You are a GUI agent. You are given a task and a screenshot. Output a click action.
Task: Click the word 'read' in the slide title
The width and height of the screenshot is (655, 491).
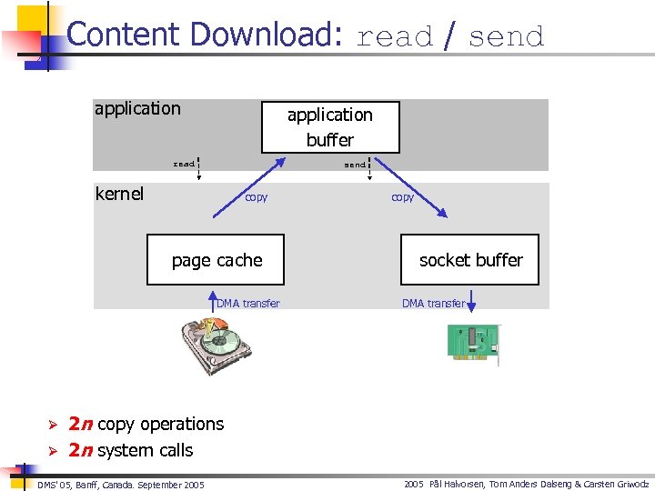click(395, 37)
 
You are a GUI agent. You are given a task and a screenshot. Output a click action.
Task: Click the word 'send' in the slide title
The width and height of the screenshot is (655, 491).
click(506, 37)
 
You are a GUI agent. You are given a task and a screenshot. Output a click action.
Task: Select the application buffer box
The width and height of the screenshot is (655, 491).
click(330, 127)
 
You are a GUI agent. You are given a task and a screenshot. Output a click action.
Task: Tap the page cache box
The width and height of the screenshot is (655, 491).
click(217, 260)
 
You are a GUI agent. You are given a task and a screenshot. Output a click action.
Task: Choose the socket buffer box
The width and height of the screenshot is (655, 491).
click(470, 260)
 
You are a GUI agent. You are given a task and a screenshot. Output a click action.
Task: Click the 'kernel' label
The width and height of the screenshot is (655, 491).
click(119, 194)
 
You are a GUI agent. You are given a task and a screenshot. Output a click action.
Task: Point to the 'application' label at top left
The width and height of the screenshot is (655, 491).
click(137, 109)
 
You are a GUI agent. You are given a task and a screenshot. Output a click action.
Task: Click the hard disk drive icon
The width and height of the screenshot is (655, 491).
click(217, 344)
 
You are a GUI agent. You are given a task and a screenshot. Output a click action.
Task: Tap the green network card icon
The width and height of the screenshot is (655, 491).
click(473, 343)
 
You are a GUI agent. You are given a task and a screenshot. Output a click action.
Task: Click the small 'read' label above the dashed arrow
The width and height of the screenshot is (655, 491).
click(184, 165)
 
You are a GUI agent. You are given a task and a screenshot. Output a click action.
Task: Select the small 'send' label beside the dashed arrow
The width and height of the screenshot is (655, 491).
click(354, 165)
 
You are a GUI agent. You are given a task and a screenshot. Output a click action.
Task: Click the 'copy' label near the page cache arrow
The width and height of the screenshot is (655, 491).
click(256, 197)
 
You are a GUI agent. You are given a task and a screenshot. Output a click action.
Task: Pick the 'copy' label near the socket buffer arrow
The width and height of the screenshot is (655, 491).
click(402, 197)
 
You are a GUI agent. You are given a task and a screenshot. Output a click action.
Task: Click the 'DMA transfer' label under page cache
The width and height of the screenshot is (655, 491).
click(248, 304)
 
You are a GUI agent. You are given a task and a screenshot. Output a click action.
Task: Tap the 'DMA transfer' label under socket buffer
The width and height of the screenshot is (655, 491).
click(433, 304)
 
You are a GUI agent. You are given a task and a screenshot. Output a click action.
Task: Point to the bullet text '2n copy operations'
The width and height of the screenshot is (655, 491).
click(146, 424)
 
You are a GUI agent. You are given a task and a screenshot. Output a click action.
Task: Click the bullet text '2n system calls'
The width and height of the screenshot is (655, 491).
click(131, 450)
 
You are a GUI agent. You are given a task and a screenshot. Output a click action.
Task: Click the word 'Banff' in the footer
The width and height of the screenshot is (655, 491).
click(93, 485)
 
